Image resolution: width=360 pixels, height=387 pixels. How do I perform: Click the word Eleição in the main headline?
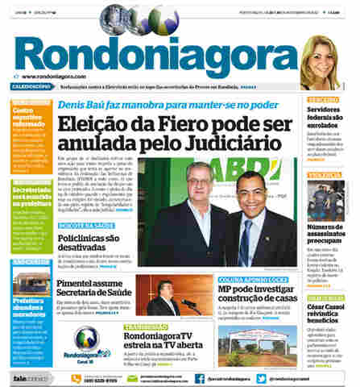[96, 126]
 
